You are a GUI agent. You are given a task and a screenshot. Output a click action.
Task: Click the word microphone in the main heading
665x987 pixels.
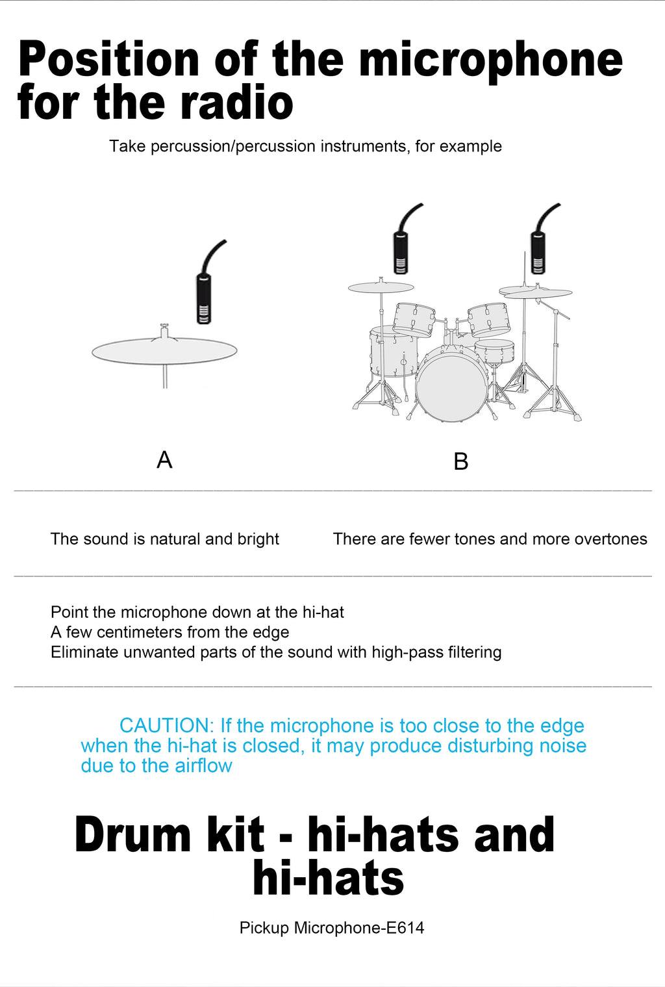490,60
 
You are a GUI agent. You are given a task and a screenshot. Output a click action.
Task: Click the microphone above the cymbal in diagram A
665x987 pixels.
204,298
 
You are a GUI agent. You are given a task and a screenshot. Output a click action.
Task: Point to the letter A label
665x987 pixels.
164,460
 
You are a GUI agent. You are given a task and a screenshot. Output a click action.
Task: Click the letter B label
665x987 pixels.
460,461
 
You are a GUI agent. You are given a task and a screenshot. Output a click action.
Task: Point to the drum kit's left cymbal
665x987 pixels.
381,287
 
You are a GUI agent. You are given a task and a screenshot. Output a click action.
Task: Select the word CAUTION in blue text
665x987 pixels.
166,726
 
